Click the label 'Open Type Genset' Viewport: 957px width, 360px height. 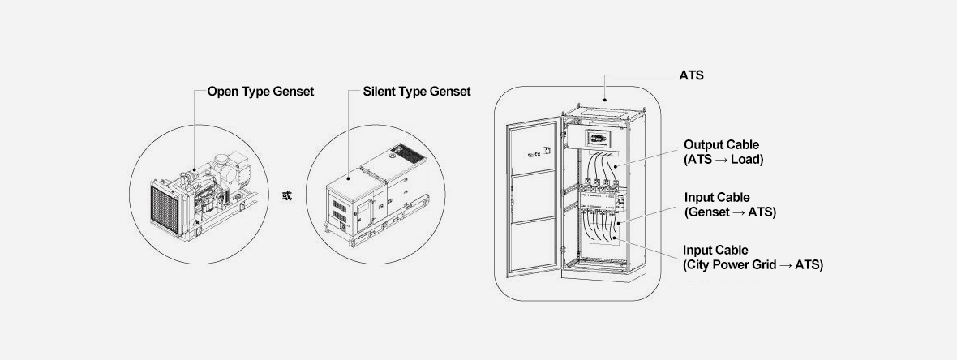(260, 92)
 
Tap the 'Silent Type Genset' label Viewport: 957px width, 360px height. (417, 92)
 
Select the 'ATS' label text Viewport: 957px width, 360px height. (691, 75)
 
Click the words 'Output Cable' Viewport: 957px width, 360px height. (721, 144)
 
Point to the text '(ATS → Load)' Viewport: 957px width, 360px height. (723, 159)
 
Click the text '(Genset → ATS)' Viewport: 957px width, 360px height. (730, 212)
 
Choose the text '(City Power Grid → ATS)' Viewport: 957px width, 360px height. (753, 264)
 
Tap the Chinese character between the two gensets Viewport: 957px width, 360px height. (286, 196)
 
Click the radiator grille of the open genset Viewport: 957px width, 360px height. (169, 206)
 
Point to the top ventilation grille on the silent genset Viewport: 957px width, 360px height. (401, 152)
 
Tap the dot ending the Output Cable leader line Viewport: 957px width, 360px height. (615, 167)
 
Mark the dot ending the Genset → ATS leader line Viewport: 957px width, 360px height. (618, 224)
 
